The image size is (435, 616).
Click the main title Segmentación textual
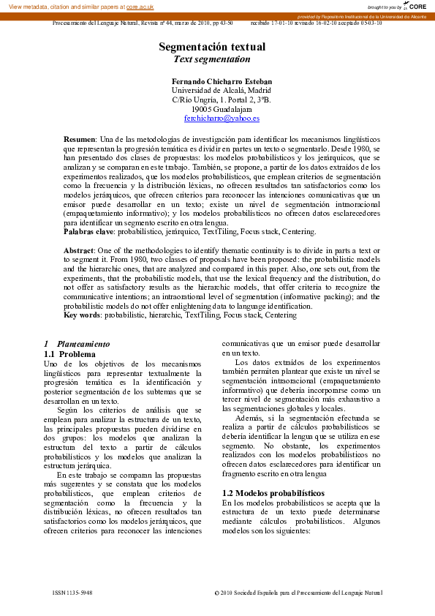click(x=212, y=47)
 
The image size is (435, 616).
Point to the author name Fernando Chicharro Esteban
click(x=222, y=80)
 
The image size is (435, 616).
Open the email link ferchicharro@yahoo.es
click(x=222, y=118)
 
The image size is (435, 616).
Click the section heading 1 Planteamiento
click(x=76, y=343)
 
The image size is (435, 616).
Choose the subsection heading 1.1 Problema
click(x=70, y=354)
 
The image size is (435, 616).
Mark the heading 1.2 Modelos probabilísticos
click(x=273, y=493)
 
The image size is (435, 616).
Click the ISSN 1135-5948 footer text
click(x=72, y=592)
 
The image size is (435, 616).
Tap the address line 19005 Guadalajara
click(x=222, y=108)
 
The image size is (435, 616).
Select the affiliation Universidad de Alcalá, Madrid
click(x=222, y=90)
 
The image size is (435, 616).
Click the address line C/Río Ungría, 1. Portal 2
click(x=222, y=99)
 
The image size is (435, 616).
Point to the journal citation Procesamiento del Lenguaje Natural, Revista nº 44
click(x=143, y=23)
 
